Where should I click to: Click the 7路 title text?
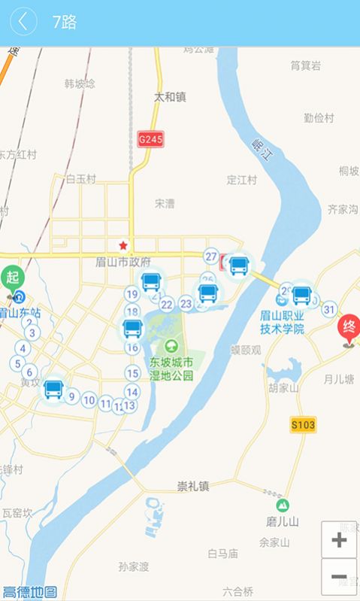point(64,22)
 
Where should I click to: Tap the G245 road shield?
point(150,139)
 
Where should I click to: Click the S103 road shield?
point(303,425)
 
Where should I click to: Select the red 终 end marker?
point(349,329)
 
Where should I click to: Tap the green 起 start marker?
point(13,278)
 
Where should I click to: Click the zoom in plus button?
point(339,539)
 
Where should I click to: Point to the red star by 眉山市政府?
point(123,246)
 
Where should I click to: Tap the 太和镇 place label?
point(170,97)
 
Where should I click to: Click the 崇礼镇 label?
point(193,486)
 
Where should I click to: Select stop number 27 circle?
point(211,256)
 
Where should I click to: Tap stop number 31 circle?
point(328,308)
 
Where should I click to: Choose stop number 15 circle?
point(132,373)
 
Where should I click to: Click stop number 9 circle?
point(72,396)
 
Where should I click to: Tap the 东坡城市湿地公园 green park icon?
point(172,346)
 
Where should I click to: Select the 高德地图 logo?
point(30,591)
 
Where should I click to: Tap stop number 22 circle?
point(167,305)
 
